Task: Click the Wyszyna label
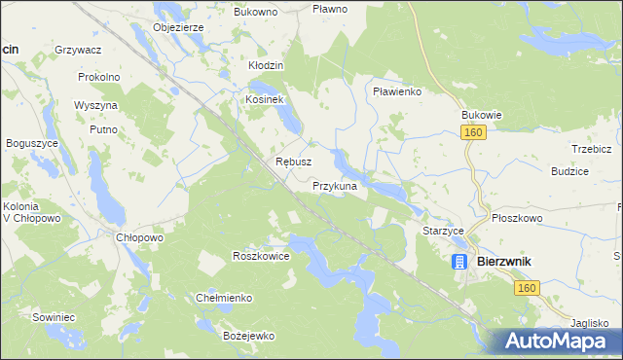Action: coord(95,105)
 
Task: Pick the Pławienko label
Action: coord(396,91)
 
